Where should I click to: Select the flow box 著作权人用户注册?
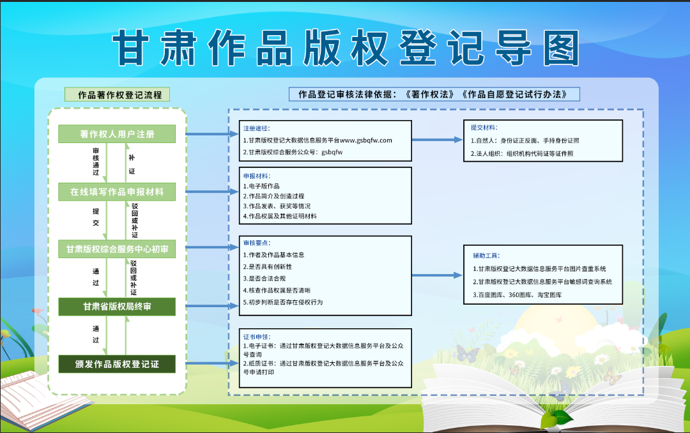point(117,134)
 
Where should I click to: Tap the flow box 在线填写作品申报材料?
point(117,192)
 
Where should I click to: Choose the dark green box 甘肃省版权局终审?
point(117,307)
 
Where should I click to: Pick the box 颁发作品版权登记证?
point(117,365)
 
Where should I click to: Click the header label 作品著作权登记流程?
point(117,95)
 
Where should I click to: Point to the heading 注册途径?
point(256,128)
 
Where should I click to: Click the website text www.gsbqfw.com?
point(366,140)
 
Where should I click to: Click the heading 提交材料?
point(484,128)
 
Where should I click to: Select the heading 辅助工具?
point(486,255)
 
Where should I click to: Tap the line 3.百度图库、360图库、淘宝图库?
point(517,295)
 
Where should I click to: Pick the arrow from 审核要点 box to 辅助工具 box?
point(438,275)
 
